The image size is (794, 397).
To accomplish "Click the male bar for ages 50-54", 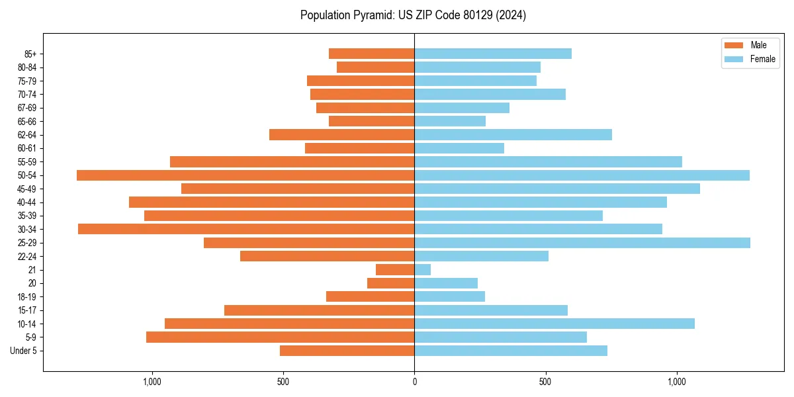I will pyautogui.click(x=245, y=175).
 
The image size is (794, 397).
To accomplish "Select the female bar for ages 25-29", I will pyautogui.click(x=582, y=243).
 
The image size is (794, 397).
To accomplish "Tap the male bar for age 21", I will pyautogui.click(x=395, y=270).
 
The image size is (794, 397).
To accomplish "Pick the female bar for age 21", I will pyautogui.click(x=423, y=270).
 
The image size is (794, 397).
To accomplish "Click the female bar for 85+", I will pyautogui.click(x=493, y=54).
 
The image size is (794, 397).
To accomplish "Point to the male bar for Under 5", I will pyautogui.click(x=347, y=351).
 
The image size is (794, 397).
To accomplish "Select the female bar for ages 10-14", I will pyautogui.click(x=554, y=324).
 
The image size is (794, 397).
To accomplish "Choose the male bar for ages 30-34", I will pyautogui.click(x=246, y=229).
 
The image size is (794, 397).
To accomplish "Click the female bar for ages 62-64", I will pyautogui.click(x=513, y=135).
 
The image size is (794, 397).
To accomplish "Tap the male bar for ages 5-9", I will pyautogui.click(x=280, y=337).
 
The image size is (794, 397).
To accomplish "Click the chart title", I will pyautogui.click(x=413, y=15).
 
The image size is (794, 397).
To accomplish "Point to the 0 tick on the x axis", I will pyautogui.click(x=414, y=382).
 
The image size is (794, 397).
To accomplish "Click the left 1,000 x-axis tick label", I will pyautogui.click(x=152, y=382).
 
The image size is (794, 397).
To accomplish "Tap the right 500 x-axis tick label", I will pyautogui.click(x=545, y=382).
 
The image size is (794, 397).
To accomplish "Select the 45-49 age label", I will pyautogui.click(x=27, y=189).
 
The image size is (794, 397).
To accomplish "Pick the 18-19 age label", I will pyautogui.click(x=27, y=297).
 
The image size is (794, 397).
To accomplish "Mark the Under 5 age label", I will pyautogui.click(x=23, y=351).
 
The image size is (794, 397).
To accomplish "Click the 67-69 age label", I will pyautogui.click(x=27, y=108).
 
